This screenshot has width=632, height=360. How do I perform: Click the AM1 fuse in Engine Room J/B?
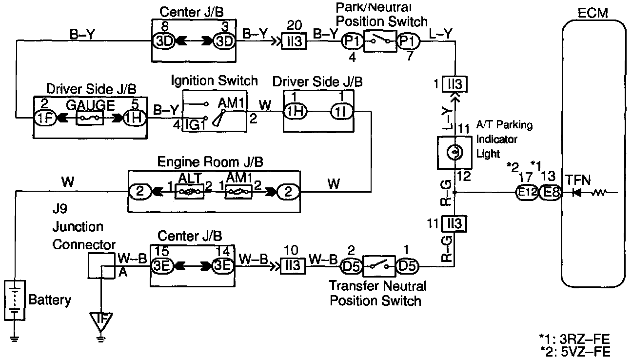click(238, 192)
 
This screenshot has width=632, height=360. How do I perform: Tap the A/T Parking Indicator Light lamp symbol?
click(453, 153)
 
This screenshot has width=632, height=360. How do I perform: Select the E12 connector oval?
click(527, 193)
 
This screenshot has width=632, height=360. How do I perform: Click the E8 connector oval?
click(551, 193)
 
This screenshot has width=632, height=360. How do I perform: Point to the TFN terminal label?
click(578, 181)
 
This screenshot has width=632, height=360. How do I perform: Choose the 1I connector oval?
click(340, 111)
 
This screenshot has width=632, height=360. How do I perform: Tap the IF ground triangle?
click(100, 321)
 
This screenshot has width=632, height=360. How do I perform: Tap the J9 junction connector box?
click(100, 264)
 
